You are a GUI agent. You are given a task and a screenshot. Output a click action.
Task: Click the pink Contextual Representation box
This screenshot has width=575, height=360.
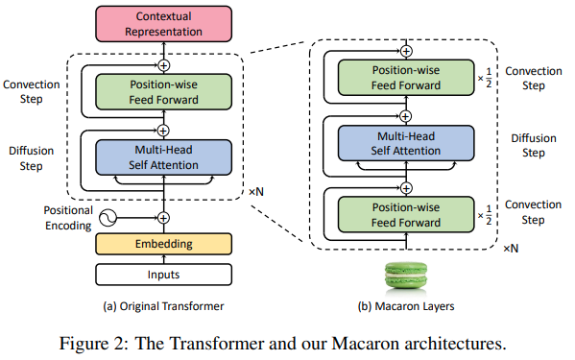(x=163, y=24)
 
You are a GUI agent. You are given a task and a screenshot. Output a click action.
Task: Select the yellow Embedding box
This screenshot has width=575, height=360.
(x=163, y=244)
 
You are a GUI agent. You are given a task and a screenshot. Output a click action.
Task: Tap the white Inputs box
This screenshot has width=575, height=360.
(x=163, y=275)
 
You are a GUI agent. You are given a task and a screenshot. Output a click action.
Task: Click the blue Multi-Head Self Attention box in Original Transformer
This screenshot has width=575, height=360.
(x=163, y=157)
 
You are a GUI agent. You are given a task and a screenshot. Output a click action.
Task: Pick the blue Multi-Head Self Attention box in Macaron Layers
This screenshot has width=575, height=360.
(x=406, y=143)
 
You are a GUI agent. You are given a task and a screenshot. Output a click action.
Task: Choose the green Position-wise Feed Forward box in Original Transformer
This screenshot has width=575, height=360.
(x=163, y=91)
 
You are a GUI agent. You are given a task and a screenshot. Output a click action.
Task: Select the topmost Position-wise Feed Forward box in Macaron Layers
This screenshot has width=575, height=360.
(x=406, y=78)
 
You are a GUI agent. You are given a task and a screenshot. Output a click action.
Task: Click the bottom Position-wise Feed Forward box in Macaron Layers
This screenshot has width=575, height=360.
(x=406, y=215)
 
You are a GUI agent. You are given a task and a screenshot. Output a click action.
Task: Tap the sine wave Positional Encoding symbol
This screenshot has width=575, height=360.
(x=108, y=218)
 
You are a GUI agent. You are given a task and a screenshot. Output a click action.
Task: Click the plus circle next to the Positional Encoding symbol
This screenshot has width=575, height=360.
(x=163, y=218)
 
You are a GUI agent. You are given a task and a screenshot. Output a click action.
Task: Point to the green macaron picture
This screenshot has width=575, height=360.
(x=406, y=275)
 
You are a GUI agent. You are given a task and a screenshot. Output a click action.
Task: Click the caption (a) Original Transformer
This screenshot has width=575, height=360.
(x=163, y=306)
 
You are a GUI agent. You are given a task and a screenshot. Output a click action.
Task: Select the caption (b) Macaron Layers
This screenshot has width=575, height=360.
(x=406, y=306)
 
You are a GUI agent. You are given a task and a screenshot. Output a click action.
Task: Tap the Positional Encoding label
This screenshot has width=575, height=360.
(x=68, y=218)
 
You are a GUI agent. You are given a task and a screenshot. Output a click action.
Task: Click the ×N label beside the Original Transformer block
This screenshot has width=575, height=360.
(x=256, y=192)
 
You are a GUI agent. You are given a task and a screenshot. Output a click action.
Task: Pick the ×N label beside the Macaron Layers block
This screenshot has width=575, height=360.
(x=511, y=249)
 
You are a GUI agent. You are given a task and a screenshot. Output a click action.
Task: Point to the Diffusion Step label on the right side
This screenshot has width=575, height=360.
(x=534, y=146)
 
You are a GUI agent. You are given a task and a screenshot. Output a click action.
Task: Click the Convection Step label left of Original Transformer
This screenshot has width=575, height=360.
(x=31, y=91)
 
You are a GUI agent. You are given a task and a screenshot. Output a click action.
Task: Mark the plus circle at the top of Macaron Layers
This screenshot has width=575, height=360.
(x=406, y=51)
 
